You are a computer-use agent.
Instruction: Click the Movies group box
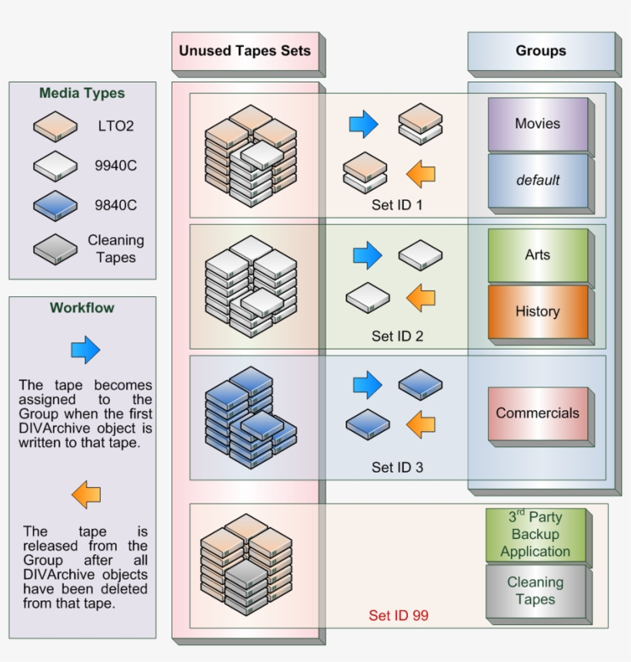537,124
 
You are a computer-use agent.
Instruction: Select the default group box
537,181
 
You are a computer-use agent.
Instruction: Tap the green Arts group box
537,255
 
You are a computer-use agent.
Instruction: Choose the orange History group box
537,312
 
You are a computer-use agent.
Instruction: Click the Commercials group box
537,413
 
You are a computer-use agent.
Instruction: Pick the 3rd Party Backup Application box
535,534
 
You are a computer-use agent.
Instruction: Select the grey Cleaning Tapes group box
535,591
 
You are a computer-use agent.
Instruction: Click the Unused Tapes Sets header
245,52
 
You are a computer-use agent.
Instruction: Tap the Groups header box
540,52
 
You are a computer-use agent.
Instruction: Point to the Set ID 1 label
397,206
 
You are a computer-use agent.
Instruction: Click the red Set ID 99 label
398,615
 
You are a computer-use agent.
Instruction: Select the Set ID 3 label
397,467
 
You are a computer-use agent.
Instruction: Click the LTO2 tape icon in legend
55,126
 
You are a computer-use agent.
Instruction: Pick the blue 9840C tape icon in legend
55,206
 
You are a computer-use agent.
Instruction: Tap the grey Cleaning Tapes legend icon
55,249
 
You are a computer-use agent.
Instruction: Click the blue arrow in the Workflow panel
85,350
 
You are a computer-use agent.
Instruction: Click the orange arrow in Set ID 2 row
420,297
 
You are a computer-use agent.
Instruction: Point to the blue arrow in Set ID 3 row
367,385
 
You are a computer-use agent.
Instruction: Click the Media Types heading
82,94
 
